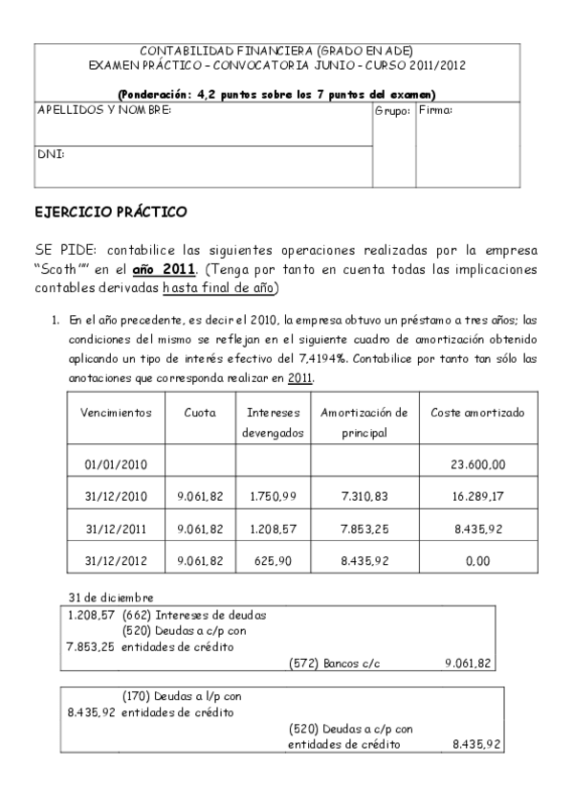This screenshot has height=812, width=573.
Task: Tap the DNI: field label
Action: coord(50,153)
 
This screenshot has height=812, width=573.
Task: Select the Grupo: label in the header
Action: coord(392,111)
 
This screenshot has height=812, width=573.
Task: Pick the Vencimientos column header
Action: coord(118,413)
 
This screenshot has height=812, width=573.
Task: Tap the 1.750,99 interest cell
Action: coord(274,496)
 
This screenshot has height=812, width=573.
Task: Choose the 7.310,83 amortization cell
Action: coord(364,496)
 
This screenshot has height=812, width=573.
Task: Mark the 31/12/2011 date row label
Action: coord(118,529)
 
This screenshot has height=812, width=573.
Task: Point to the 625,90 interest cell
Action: coord(274,560)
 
